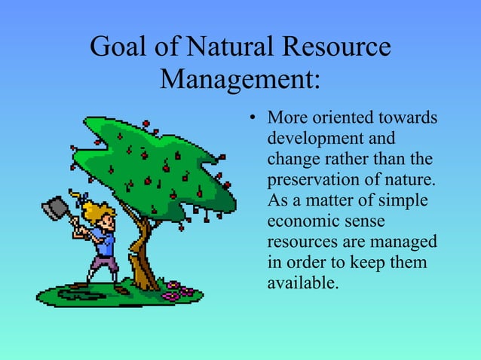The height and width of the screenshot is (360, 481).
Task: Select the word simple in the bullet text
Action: (404, 203)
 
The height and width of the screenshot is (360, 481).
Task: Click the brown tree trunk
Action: (140, 260)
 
